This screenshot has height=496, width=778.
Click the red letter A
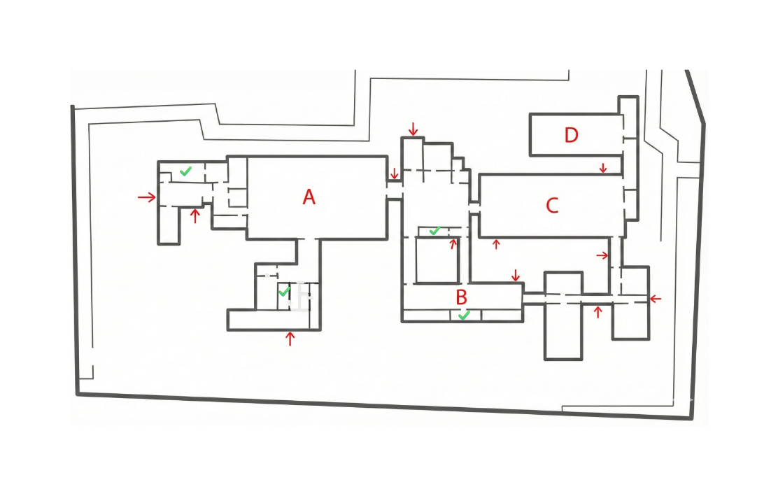309,198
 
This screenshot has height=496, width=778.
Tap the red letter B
461,297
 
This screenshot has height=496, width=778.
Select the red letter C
552,206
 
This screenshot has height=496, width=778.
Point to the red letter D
572,135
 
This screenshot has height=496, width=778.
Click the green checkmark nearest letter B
463,316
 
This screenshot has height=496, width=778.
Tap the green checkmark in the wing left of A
185,171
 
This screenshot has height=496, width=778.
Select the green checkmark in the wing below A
284,291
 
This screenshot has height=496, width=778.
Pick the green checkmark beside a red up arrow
434,230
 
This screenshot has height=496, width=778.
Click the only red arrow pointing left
655,299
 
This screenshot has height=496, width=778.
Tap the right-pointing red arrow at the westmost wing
147,198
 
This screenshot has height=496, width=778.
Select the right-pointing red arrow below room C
602,256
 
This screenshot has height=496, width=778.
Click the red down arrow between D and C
603,168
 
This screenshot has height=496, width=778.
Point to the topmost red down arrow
413,129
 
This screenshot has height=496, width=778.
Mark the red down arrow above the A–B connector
395,173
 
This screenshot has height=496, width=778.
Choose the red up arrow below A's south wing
290,339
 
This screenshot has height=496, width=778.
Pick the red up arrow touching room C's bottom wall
497,244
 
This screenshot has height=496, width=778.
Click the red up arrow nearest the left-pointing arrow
597,311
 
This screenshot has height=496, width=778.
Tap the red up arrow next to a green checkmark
453,243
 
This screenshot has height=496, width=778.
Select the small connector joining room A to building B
395,190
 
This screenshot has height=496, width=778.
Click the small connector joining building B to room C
474,207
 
